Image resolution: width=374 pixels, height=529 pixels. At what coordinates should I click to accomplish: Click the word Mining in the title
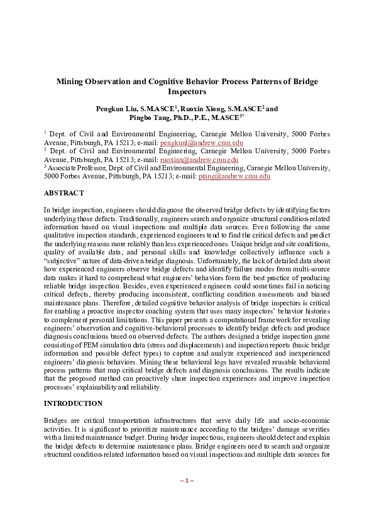[71, 82]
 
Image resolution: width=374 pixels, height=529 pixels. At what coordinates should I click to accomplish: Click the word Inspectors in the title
[187, 92]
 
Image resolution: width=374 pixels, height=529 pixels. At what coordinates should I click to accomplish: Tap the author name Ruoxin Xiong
[201, 109]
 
